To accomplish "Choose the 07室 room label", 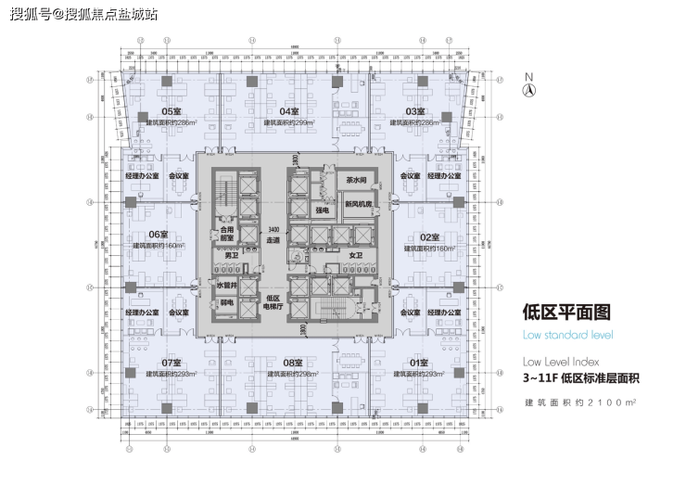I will pos(171,362).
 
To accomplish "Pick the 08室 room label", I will pos(294,362).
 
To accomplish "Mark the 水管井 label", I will pos(227,286).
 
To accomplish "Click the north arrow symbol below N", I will pos(527,90).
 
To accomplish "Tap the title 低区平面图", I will pos(554,313).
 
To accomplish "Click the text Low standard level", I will pos(567,335).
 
